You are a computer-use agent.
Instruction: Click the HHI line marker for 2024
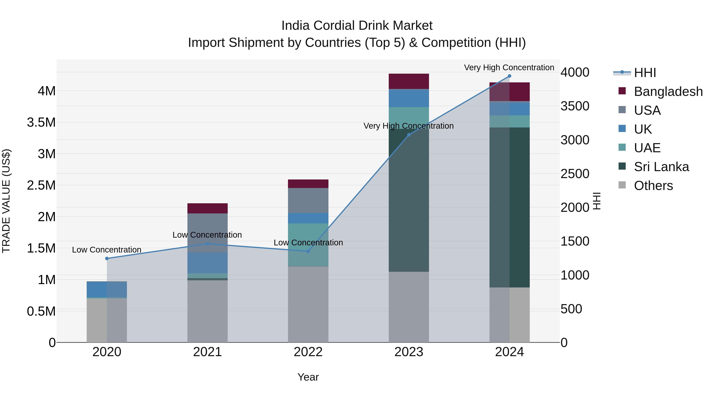click(x=510, y=76)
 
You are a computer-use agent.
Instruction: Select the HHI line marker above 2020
click(x=107, y=258)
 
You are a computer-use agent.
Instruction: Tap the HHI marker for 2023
click(x=409, y=135)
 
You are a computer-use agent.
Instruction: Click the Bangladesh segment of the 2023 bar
click(x=409, y=81)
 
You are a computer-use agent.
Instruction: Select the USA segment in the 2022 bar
click(x=308, y=200)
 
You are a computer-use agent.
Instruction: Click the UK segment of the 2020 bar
click(x=107, y=289)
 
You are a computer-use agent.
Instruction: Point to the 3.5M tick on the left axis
click(x=41, y=122)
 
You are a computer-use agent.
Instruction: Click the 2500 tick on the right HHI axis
click(x=575, y=174)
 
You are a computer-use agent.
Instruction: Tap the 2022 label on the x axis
click(x=308, y=352)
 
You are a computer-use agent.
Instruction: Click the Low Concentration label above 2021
click(x=207, y=235)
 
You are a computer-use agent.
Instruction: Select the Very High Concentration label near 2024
click(x=509, y=67)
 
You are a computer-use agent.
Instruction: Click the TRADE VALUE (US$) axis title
click(x=6, y=201)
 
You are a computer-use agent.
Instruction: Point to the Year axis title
click(x=308, y=377)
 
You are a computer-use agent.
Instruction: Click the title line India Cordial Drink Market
click(x=357, y=26)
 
